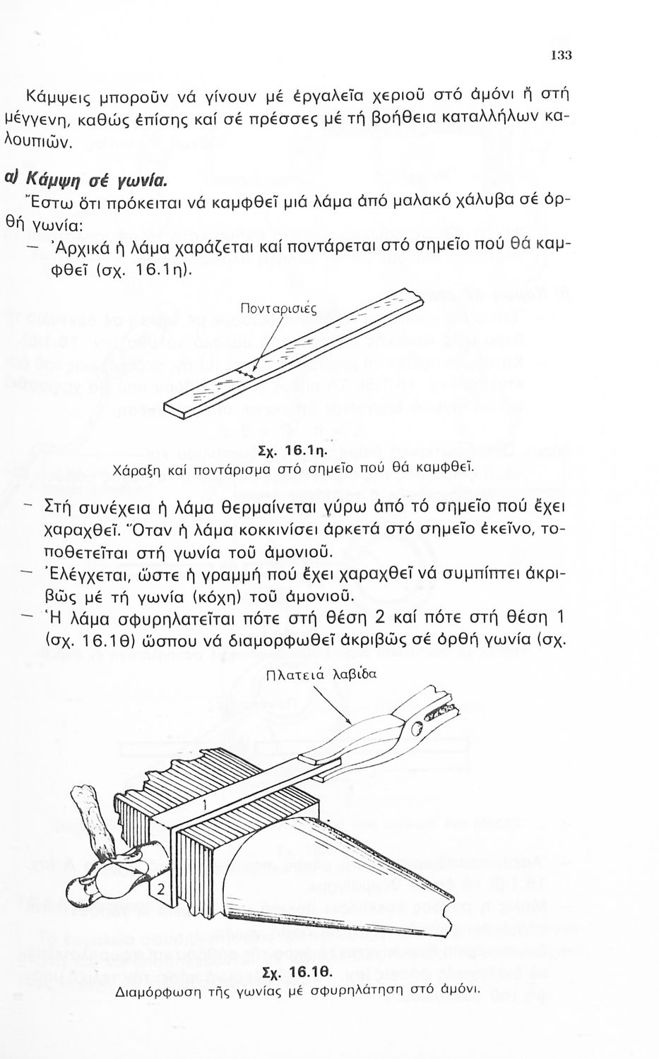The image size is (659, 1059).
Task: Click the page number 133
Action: [562, 56]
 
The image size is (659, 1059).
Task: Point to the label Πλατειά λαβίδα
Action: [321, 674]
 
